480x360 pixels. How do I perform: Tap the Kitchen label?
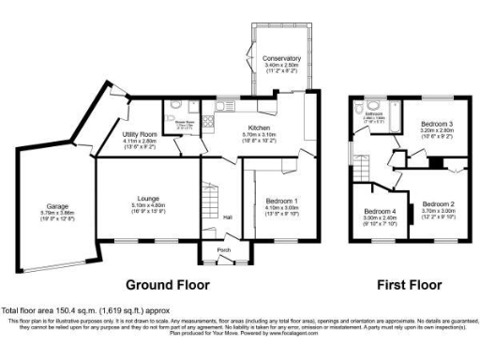click(260, 127)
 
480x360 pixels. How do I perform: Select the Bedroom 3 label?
click(436, 124)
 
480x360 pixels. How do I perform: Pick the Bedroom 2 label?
click(438, 203)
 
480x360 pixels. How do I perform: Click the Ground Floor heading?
click(168, 284)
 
